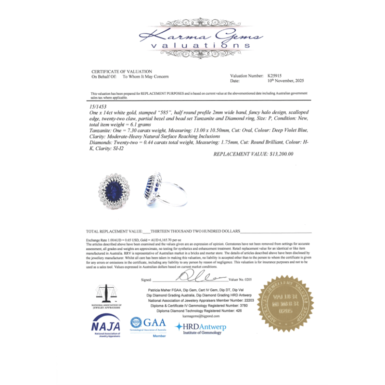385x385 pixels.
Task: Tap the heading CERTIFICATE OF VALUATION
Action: [x=122, y=72]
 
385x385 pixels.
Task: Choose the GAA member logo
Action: [x=149, y=326]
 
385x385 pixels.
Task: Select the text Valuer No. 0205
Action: [x=240, y=280]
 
